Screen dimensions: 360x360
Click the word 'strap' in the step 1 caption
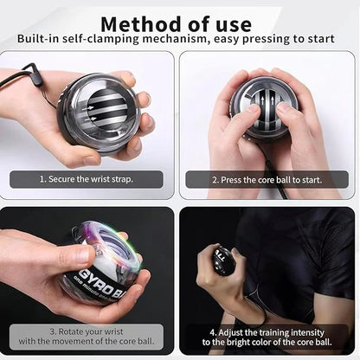pos(133,180)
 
